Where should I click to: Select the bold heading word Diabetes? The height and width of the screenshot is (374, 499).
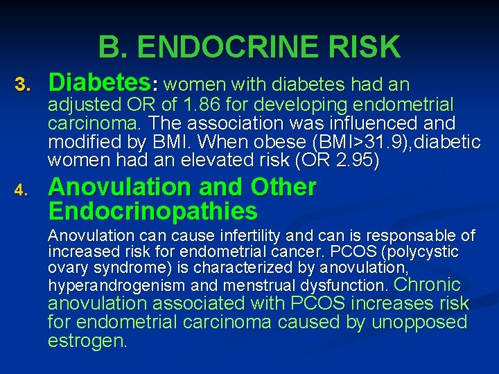pos(99,83)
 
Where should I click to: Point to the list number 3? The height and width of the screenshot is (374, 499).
pos(24,85)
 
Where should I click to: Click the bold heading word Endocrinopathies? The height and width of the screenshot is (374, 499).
pos(152,211)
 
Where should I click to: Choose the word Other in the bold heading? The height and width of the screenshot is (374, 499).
pos(283,187)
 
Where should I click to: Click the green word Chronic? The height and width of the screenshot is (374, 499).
pos(427,284)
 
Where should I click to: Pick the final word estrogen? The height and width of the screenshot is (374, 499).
pos(87,341)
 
